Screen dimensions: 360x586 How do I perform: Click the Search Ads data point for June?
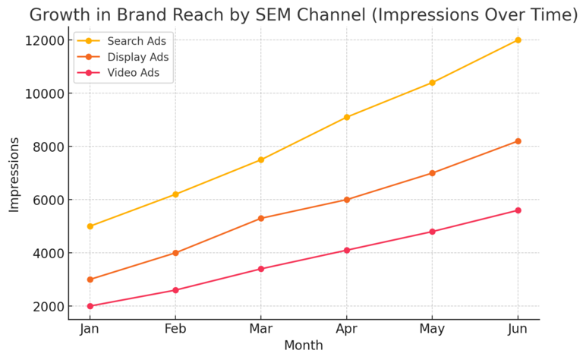518,40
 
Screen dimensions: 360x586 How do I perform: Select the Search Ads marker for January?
90,226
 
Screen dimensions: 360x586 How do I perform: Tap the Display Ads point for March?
261,218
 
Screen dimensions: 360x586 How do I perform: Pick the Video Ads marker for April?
347,250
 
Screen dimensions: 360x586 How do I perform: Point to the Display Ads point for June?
518,141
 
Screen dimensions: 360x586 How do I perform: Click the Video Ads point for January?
90,306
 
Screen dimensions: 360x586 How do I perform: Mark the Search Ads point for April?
347,117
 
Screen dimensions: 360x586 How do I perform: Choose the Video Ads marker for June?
518,210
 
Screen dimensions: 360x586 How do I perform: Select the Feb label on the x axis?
175,328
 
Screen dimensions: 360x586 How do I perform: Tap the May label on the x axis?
432,328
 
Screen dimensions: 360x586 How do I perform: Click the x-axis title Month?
304,346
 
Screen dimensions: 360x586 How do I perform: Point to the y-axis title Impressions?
14,174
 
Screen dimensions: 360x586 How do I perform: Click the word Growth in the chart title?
63,14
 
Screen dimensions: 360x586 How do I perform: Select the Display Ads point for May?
432,173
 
